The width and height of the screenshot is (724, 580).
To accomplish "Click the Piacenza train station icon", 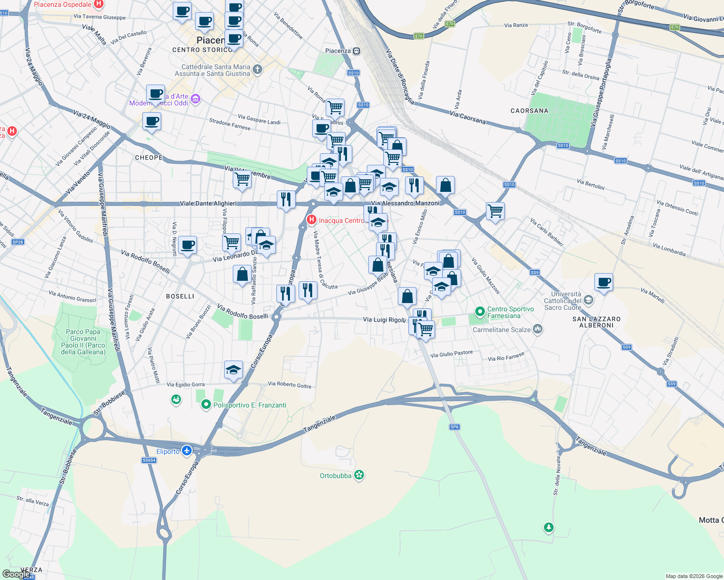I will [357, 51].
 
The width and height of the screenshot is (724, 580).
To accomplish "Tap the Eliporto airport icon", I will [187, 451].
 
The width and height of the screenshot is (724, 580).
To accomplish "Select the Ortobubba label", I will [335, 476].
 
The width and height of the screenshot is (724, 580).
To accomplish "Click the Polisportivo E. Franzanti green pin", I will [206, 405].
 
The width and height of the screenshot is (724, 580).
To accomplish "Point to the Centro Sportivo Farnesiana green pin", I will [480, 312].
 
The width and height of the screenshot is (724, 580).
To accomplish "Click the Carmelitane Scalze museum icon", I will [538, 330].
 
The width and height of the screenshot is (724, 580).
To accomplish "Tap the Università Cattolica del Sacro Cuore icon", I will [588, 300].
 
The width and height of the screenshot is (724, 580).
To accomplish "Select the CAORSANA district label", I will [529, 111].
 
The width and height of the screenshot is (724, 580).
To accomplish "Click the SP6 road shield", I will [454, 427].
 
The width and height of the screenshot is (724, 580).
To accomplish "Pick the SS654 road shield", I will [149, 460].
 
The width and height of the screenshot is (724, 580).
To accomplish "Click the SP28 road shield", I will [17, 242].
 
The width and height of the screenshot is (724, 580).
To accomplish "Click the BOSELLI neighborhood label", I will [180, 296].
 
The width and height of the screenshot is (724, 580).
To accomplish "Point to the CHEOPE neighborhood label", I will [149, 158].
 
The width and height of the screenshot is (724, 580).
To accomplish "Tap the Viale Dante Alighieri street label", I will [208, 203].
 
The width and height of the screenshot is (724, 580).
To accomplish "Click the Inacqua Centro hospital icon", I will [312, 220].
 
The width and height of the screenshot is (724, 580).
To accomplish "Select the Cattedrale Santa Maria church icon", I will [257, 70].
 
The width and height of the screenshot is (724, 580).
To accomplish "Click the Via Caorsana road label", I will [468, 117].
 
